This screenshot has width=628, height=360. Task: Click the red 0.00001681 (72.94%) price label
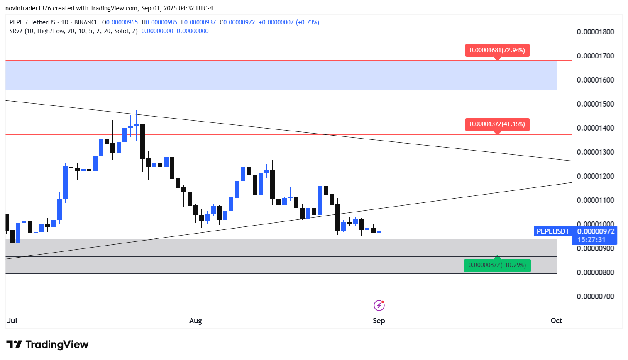click(x=497, y=51)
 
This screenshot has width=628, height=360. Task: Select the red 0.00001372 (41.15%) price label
click(x=497, y=124)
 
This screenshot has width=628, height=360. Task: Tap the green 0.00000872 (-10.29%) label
click(x=497, y=265)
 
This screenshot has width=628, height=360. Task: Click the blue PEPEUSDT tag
click(x=552, y=231)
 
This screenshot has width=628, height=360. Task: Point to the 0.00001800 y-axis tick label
click(x=596, y=32)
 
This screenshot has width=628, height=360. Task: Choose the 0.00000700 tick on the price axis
click(x=596, y=297)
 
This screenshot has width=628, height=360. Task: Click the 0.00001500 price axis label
click(x=596, y=104)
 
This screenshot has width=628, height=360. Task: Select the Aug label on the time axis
click(x=195, y=321)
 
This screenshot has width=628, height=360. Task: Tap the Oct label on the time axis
click(x=557, y=321)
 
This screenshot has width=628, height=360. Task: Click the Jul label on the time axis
click(x=12, y=321)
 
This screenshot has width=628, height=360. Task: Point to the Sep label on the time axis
click(x=379, y=321)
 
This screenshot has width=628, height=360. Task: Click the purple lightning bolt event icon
click(x=379, y=305)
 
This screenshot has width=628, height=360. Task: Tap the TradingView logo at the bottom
click(x=47, y=344)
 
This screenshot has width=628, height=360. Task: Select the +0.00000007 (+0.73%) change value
click(x=289, y=22)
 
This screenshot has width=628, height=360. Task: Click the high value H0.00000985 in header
click(x=159, y=22)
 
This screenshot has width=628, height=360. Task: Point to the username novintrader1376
click(x=28, y=8)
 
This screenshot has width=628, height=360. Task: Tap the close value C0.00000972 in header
click(x=237, y=22)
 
